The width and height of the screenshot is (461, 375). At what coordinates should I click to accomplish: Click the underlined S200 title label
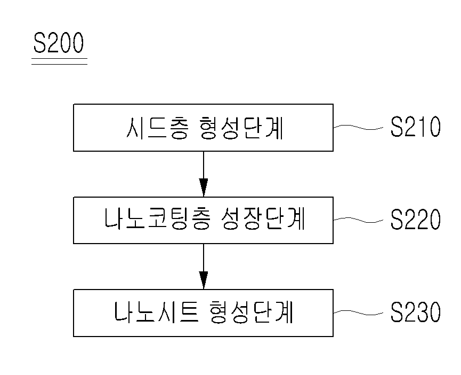point(59,43)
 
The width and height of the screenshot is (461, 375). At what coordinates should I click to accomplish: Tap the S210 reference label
point(415,127)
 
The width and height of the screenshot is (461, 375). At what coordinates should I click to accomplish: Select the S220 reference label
point(415,219)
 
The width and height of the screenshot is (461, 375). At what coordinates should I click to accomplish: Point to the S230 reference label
point(415,311)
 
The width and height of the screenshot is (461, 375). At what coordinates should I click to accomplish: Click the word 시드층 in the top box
point(156,128)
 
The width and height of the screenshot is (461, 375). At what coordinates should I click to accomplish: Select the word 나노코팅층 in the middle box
point(157,218)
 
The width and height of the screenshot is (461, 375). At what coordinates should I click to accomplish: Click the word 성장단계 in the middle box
point(263,218)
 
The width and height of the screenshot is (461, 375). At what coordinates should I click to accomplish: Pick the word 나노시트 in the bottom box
point(156,311)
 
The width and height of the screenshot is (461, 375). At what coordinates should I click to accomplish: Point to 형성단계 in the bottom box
point(252,311)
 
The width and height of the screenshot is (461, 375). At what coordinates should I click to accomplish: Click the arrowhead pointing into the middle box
point(204,187)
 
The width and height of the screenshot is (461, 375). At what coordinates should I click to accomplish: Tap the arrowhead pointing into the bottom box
point(204,280)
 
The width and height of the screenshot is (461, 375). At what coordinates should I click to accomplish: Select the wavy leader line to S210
point(358,127)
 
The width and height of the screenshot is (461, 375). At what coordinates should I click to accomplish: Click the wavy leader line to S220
point(358,220)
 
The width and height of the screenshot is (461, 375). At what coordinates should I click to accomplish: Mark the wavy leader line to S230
point(358,312)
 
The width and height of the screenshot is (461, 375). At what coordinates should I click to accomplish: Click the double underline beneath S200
point(59,61)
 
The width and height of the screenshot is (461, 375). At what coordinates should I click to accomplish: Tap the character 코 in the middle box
point(157,218)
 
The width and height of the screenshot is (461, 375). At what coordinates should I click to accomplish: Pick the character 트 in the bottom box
point(189,311)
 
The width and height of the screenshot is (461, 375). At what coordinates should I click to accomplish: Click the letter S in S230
point(397,311)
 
